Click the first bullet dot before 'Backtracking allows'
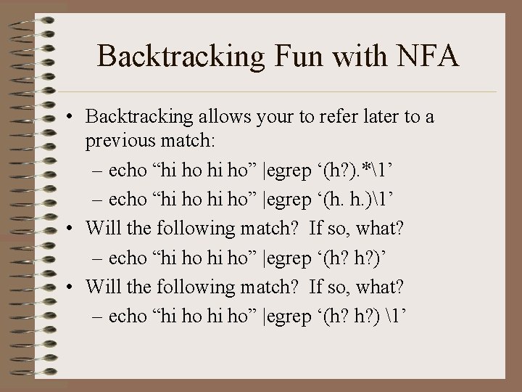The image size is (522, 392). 67,117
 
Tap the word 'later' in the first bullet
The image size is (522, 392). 381,116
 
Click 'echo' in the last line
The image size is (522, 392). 126,317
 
